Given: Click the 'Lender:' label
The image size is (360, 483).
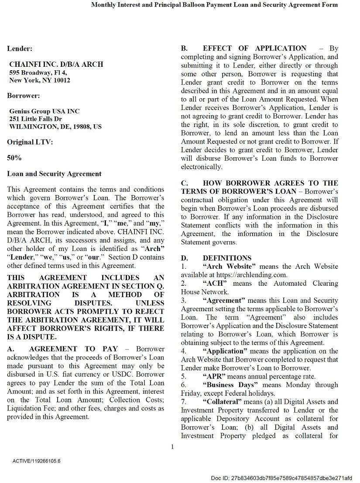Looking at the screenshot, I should (x=19, y=49).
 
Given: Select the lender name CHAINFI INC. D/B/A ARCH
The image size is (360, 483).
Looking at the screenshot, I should (x=56, y=64).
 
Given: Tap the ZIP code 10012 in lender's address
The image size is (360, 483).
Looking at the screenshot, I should (x=61, y=80).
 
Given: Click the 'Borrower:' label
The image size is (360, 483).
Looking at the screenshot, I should (x=24, y=96).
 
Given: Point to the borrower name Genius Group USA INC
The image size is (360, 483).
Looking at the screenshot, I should (x=45, y=111).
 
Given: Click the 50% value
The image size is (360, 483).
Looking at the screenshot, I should (x=14, y=158).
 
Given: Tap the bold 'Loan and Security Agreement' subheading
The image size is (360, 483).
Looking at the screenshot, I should (x=54, y=174).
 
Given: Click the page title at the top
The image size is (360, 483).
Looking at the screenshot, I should (x=214, y=5).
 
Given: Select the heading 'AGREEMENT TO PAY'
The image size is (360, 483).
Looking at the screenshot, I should (x=73, y=349).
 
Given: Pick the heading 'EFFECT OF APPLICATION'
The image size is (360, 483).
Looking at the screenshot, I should (x=254, y=48).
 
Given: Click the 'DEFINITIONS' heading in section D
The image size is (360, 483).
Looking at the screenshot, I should (x=227, y=258).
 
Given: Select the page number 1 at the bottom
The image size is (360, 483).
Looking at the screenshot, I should (x=172, y=446).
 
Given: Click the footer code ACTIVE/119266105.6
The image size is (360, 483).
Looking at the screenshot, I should (x=37, y=461).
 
